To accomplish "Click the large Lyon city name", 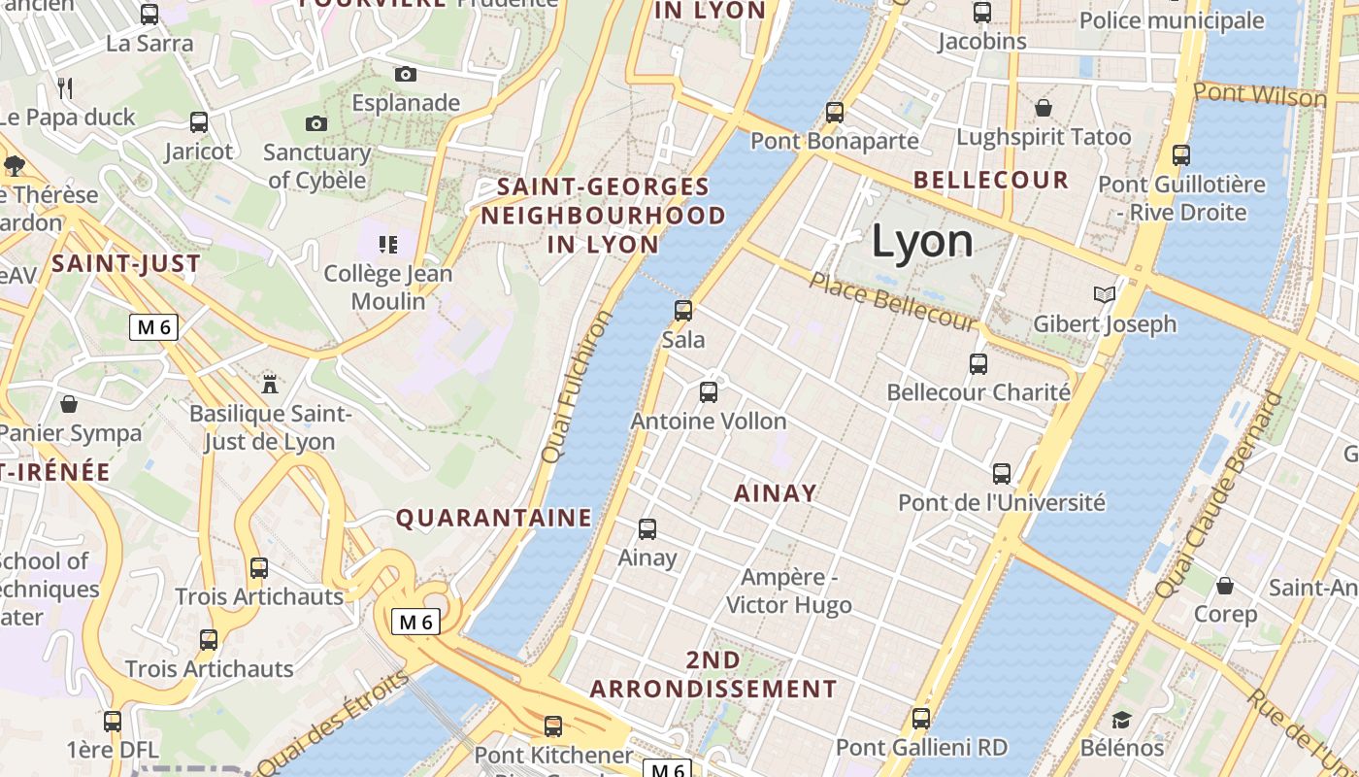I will (x=922, y=241).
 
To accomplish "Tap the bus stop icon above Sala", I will (x=683, y=311).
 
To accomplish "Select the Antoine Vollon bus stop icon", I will (x=709, y=392).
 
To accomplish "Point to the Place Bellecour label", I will (x=892, y=301).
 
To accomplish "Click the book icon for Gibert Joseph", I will (x=1104, y=294).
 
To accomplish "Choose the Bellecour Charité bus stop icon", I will (x=978, y=364).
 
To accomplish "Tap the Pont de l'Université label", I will (x=1001, y=503).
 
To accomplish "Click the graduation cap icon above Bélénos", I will (x=1122, y=720).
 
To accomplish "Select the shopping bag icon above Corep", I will (x=1225, y=586).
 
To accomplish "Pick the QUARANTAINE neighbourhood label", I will (x=493, y=518).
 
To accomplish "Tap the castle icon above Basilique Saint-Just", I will (x=270, y=384).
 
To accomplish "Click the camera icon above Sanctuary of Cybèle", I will (x=316, y=123).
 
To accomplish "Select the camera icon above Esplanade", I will (x=406, y=74).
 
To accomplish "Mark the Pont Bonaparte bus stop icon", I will (x=835, y=112).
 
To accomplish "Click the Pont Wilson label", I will (x=1259, y=95).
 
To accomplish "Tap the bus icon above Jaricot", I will (x=199, y=122).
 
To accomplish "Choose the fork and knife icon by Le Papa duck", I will (x=65, y=88).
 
